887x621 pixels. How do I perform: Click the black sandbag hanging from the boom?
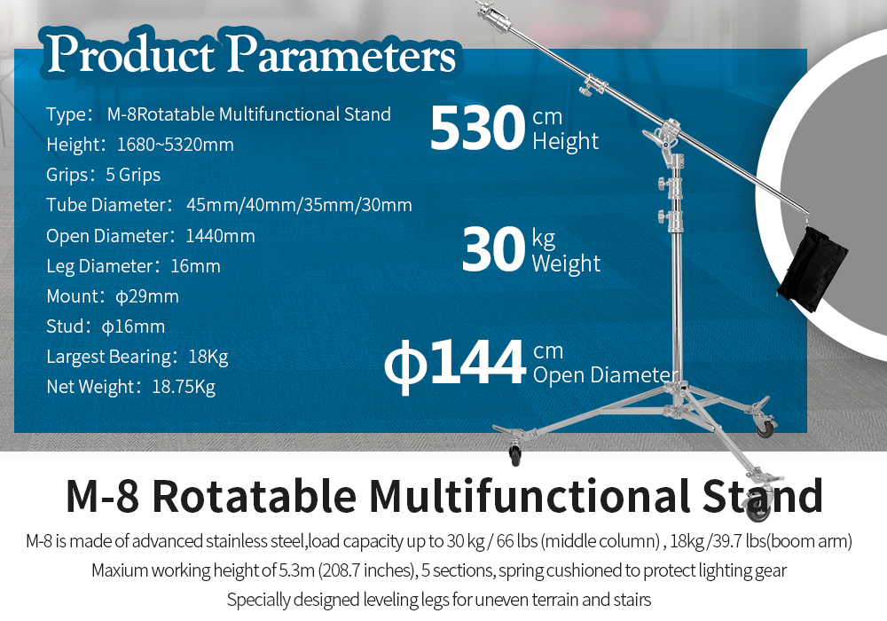point(812,268)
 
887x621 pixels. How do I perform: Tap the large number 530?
point(478,128)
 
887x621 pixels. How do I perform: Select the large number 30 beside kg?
point(494,249)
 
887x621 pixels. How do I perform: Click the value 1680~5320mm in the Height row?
point(176,145)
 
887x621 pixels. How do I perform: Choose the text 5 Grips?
point(133,176)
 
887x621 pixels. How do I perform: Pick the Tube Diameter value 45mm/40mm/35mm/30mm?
point(299,205)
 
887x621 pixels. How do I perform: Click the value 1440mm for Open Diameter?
point(220,236)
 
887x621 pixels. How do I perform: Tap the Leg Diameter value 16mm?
point(195,266)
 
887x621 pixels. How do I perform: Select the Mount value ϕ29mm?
point(147,296)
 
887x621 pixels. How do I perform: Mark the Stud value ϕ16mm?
point(134,326)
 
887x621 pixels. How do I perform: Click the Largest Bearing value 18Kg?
point(208,357)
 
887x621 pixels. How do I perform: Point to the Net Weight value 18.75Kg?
point(184,387)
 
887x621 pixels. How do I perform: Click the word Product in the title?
point(131,54)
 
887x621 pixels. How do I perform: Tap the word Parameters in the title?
point(341,55)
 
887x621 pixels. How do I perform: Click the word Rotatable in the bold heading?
point(255,496)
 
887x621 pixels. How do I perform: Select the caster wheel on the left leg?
point(514,453)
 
